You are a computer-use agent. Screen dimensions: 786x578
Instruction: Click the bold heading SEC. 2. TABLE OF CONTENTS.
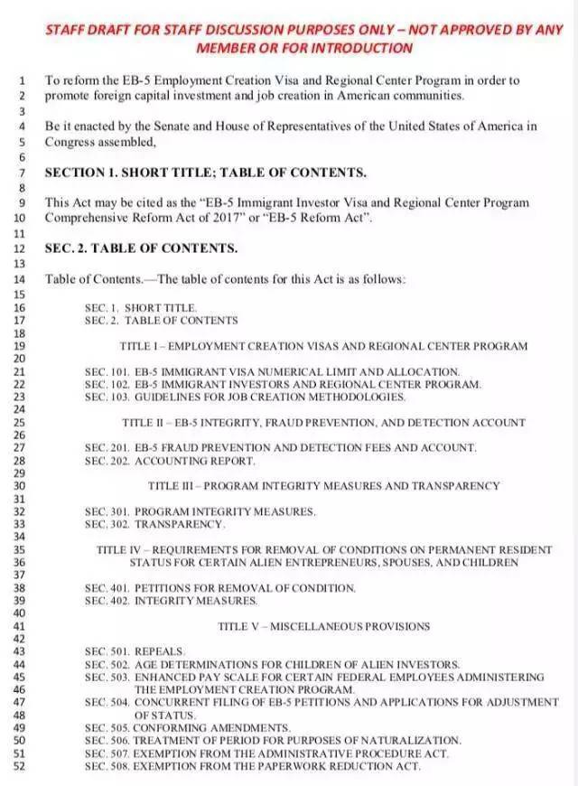pos(142,248)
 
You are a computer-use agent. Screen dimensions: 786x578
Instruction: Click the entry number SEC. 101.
pos(107,371)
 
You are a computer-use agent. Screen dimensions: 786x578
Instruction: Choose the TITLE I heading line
pos(323,346)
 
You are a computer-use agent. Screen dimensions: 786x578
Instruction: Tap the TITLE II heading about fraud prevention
pos(323,422)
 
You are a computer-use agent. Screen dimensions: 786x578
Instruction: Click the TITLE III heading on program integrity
pos(323,485)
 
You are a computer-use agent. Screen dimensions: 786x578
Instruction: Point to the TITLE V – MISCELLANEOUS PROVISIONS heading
pos(323,626)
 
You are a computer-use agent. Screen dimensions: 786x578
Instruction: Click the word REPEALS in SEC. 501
pos(159,650)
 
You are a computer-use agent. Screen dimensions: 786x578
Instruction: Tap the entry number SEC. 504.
pos(107,701)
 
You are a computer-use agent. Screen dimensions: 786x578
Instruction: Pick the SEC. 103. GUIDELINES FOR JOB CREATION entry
pos(245,397)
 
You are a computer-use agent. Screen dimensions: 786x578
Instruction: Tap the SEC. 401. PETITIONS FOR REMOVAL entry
pos(220,588)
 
